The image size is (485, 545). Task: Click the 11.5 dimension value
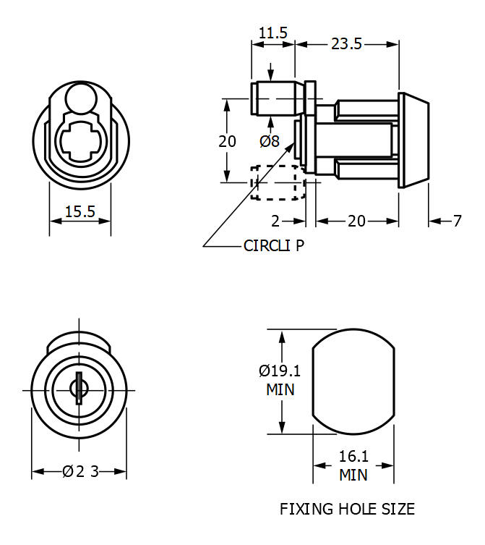(272, 33)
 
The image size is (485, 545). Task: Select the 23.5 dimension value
(346, 44)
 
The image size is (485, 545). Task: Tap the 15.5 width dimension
(80, 212)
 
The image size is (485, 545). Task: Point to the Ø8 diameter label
(269, 141)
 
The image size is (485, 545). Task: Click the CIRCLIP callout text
(274, 245)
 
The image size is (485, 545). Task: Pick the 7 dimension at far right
(457, 221)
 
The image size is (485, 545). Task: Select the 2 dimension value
(275, 221)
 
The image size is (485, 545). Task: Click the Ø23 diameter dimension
(80, 471)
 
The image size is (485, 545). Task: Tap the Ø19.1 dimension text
(280, 371)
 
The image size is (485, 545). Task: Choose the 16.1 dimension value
(353, 457)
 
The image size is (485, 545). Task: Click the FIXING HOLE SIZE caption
(347, 509)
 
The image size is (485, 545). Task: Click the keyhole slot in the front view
(77, 389)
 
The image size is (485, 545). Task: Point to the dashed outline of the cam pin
(275, 182)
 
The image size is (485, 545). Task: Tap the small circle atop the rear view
(80, 97)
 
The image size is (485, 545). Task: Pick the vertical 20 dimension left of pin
(228, 141)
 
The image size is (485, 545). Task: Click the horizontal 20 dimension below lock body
(356, 221)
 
